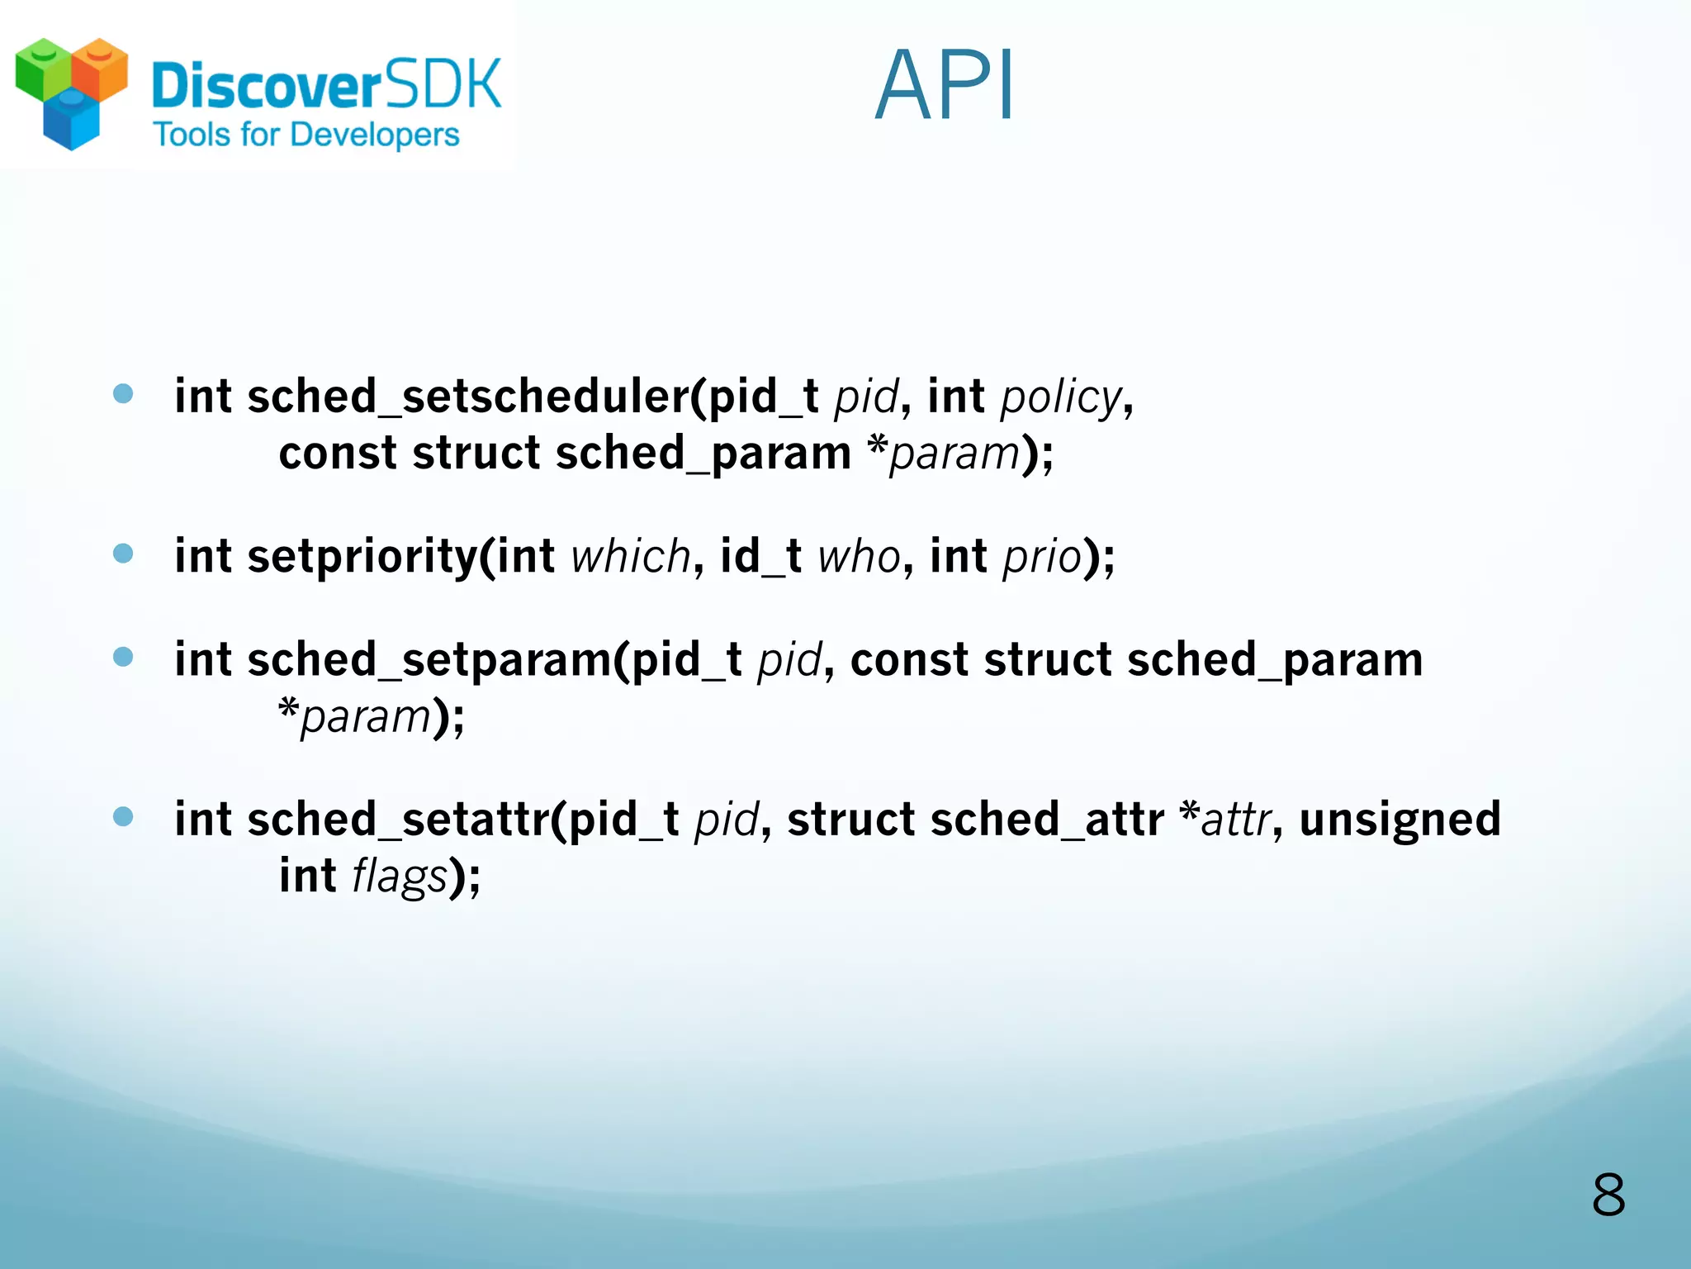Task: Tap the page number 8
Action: [x=1608, y=1195]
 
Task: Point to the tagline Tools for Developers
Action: [x=306, y=135]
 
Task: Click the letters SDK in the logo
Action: [x=443, y=84]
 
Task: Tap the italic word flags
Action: [x=400, y=877]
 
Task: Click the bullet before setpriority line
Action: [x=123, y=553]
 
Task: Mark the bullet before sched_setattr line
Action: [x=123, y=817]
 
